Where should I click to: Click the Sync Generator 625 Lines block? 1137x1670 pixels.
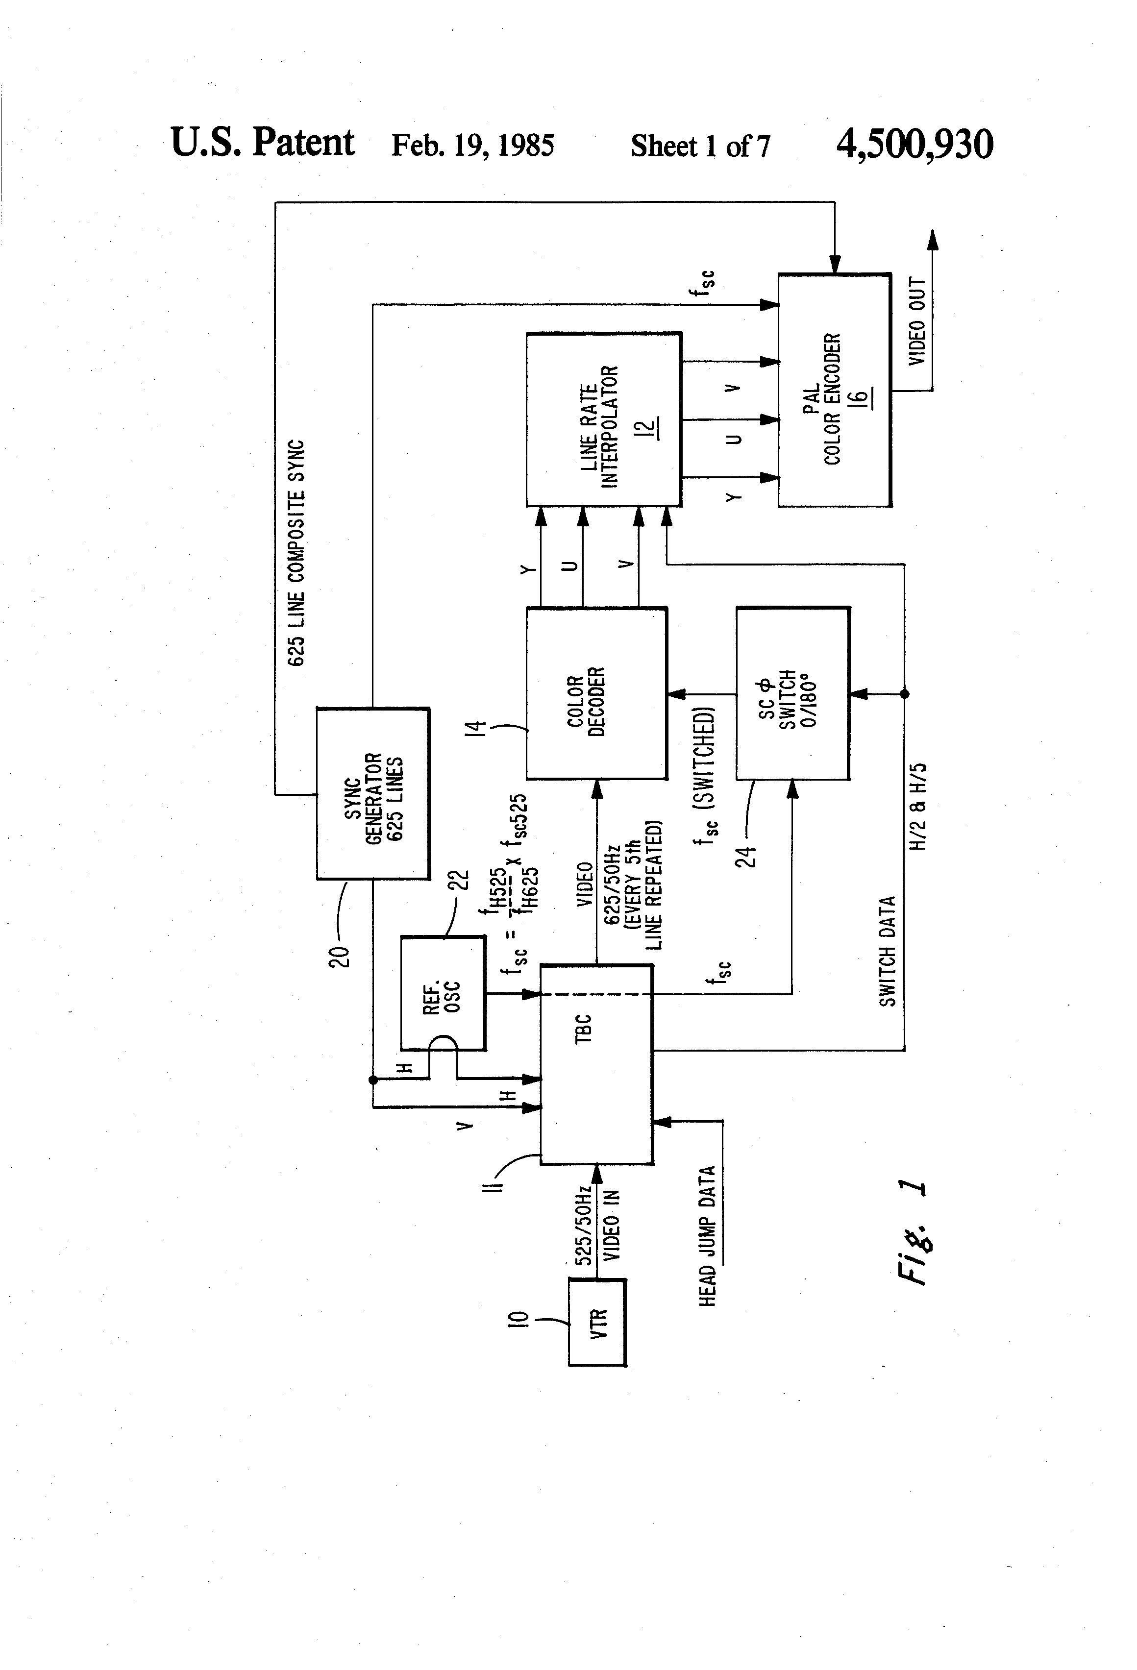[373, 793]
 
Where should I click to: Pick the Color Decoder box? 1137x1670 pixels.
[596, 693]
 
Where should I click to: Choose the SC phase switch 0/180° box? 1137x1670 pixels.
[793, 693]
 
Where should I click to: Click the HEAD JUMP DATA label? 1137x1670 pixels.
[708, 1236]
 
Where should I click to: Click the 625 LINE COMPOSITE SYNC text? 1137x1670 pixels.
[296, 553]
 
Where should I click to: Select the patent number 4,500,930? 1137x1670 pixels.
[914, 144]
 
